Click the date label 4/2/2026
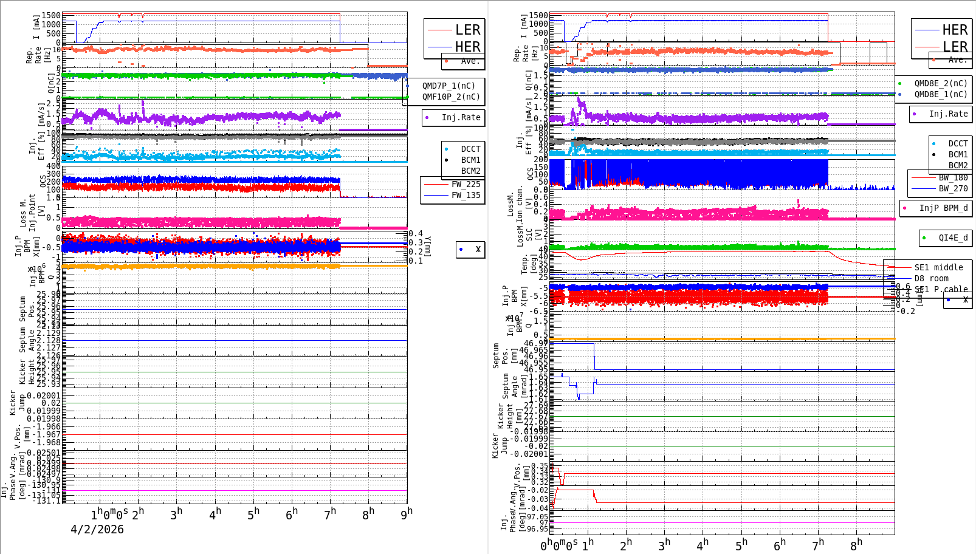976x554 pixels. point(97,529)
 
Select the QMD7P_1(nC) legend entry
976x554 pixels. point(448,86)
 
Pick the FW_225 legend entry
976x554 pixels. point(466,184)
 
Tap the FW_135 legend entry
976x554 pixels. point(466,195)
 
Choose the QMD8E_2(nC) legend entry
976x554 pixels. point(940,83)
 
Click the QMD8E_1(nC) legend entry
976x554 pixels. point(940,94)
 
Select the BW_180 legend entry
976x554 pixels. point(953,177)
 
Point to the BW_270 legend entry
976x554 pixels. point(953,188)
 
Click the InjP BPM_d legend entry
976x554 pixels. point(943,208)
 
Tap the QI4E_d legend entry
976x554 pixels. point(953,238)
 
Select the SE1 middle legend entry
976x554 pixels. point(938,267)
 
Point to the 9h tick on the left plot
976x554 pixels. point(407,513)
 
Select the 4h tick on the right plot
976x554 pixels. point(703,544)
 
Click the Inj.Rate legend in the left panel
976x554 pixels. point(461,117)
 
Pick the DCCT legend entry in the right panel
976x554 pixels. point(958,143)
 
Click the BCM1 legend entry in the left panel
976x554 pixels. point(470,160)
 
